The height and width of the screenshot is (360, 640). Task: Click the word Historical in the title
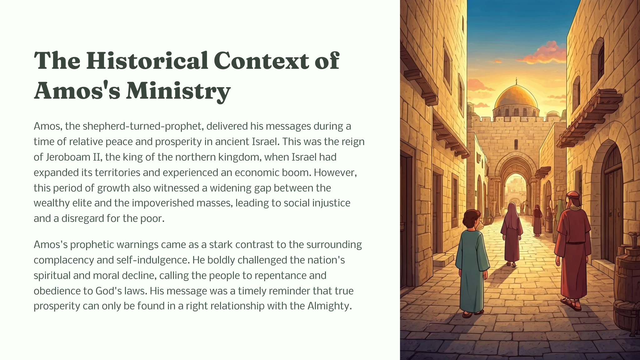pyautogui.click(x=147, y=60)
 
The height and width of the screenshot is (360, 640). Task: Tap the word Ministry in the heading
pyautogui.click(x=178, y=91)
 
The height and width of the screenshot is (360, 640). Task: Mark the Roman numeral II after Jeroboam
pyautogui.click(x=97, y=157)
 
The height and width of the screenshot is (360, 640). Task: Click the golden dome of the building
pyautogui.click(x=516, y=97)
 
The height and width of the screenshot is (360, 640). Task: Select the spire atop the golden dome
pyautogui.click(x=516, y=81)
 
